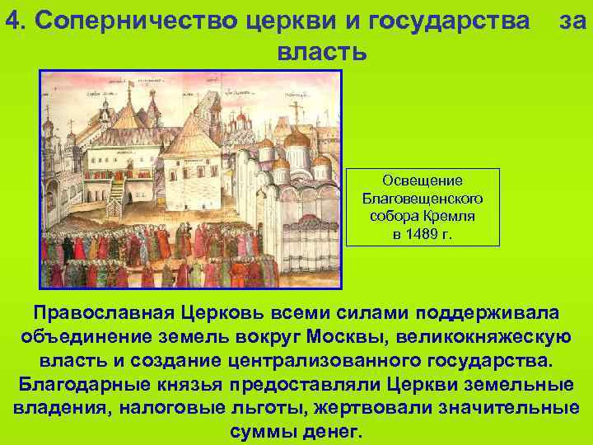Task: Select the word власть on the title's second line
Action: [x=320, y=52]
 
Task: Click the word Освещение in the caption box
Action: [x=423, y=180]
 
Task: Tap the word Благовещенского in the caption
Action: [x=423, y=199]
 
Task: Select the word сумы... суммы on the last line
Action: [x=261, y=431]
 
